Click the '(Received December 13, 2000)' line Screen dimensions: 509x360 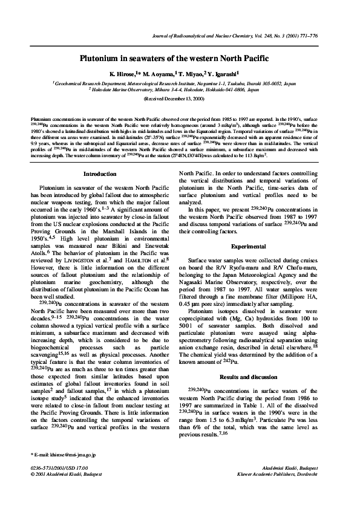pos(179,98)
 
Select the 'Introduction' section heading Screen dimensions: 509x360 pos(100,175)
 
